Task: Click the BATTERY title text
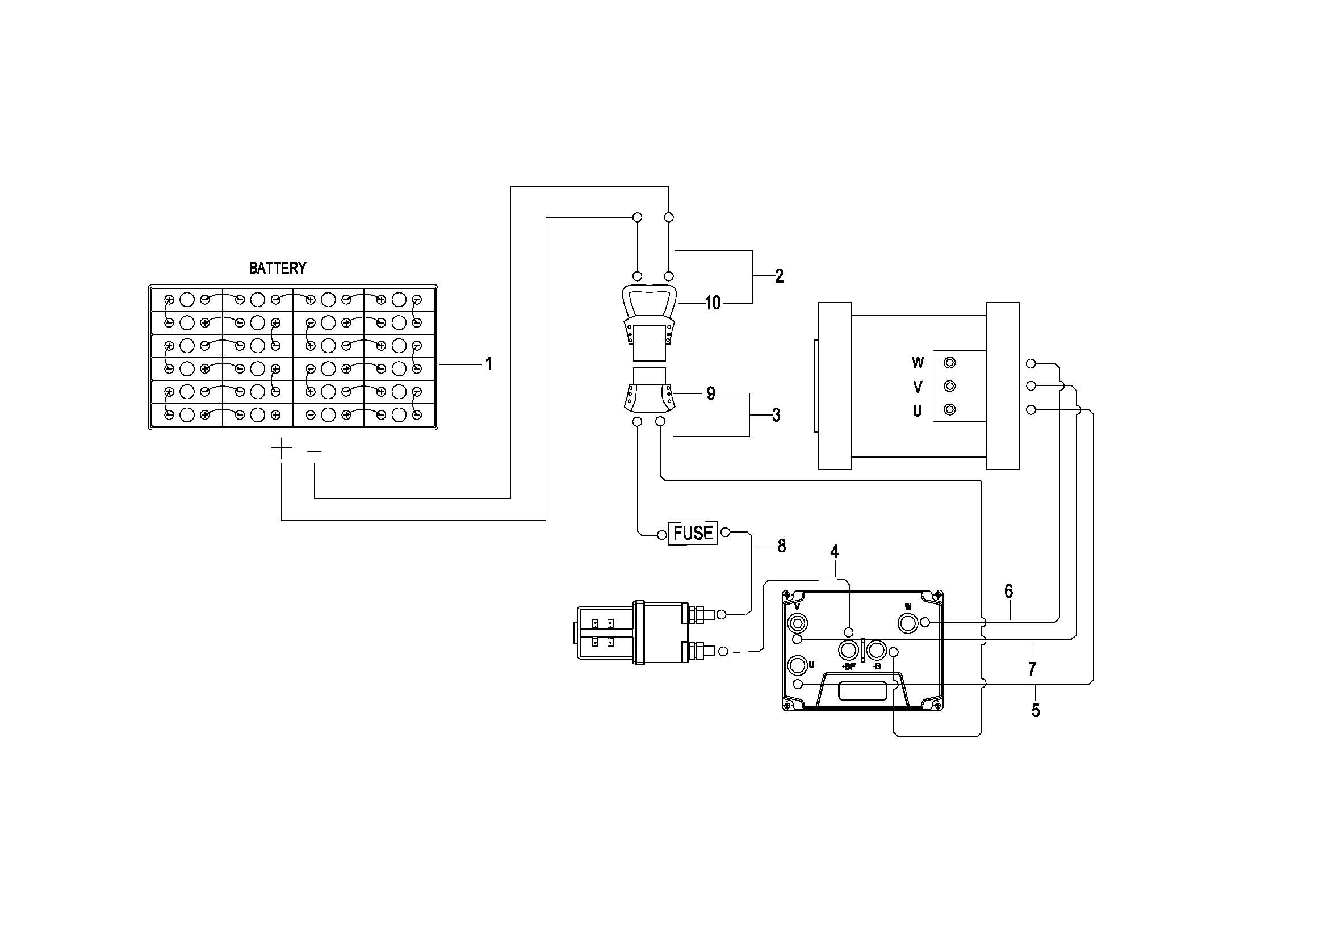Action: [278, 269]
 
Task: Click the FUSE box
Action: [693, 533]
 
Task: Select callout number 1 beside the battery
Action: [489, 364]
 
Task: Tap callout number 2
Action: [780, 276]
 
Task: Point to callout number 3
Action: [776, 415]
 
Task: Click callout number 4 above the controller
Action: [835, 552]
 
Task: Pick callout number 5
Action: [1036, 711]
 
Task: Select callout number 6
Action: [1009, 591]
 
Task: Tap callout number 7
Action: [1032, 669]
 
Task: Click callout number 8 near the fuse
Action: [782, 546]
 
